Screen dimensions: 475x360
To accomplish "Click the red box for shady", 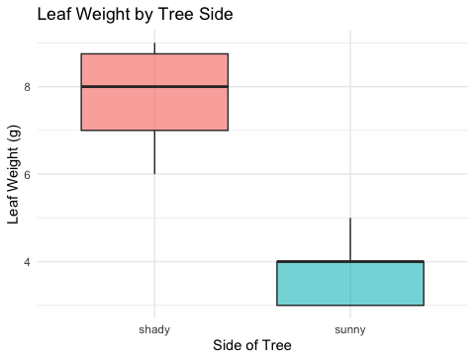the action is [x=154, y=92].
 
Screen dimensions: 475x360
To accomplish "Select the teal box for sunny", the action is [x=350, y=283].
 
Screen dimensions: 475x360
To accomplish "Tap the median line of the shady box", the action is [x=154, y=87].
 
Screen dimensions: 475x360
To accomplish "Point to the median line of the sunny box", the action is [x=350, y=261].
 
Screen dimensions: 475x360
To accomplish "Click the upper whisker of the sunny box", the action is [x=350, y=239].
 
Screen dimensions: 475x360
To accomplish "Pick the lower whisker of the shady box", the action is [x=154, y=152].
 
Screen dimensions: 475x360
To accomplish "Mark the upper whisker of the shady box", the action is [x=154, y=48].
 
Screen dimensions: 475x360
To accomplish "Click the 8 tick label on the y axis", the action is [x=27, y=87].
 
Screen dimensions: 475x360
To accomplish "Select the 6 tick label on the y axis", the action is [x=27, y=174].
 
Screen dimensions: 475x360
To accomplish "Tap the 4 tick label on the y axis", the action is [x=27, y=262].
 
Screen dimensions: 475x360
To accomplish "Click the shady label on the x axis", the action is [x=154, y=329].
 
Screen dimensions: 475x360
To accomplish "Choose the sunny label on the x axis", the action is [x=350, y=330].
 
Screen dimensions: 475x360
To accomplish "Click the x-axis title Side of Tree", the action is [x=252, y=345].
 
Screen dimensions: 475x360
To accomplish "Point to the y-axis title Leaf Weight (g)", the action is [x=14, y=174].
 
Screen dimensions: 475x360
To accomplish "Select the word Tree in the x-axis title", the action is [x=276, y=345].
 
